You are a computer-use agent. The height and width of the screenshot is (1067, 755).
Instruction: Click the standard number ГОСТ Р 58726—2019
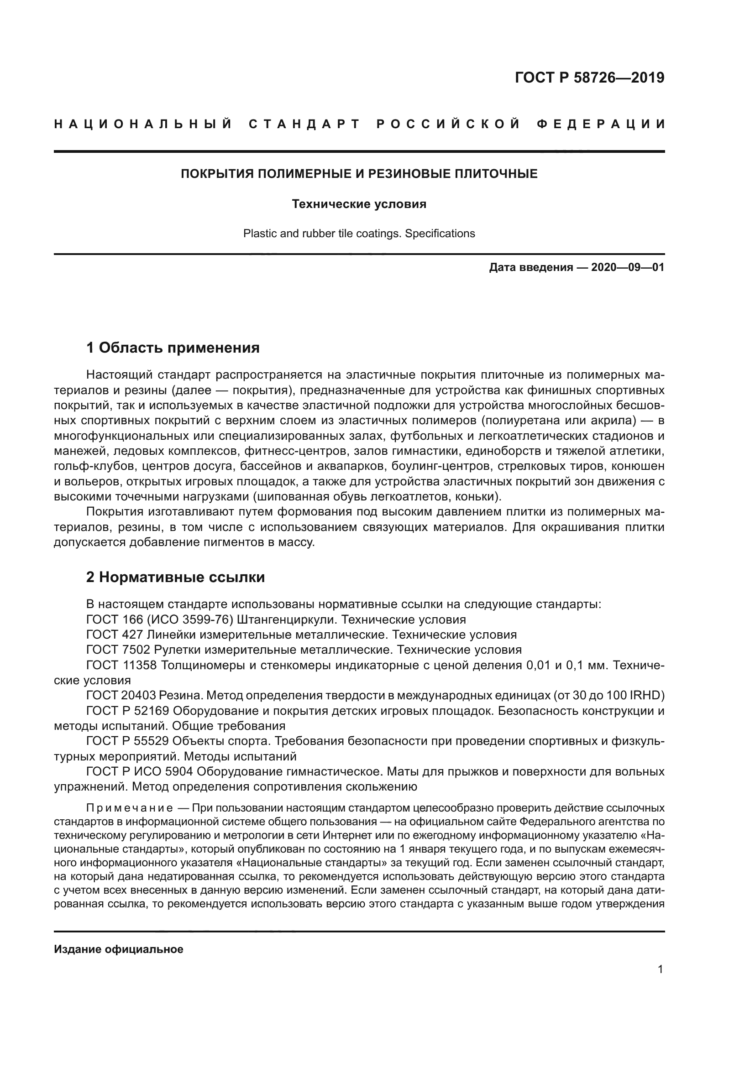589,77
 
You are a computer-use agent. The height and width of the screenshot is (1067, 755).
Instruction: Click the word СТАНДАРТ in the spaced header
304,124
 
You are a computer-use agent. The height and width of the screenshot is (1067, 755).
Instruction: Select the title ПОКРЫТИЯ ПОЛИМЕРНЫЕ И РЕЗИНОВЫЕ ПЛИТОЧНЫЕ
359,174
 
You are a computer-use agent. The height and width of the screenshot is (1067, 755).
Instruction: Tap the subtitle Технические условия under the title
359,204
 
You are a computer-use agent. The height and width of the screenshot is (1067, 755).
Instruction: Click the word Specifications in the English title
440,233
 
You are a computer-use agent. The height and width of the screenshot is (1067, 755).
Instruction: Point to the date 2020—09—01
628,268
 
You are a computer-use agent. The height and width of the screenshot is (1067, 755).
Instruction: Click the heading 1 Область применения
173,348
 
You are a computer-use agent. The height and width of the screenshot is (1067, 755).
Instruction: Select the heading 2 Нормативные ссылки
176,577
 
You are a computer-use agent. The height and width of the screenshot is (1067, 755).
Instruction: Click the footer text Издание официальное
119,949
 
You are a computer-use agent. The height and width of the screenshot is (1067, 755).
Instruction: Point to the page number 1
661,969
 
